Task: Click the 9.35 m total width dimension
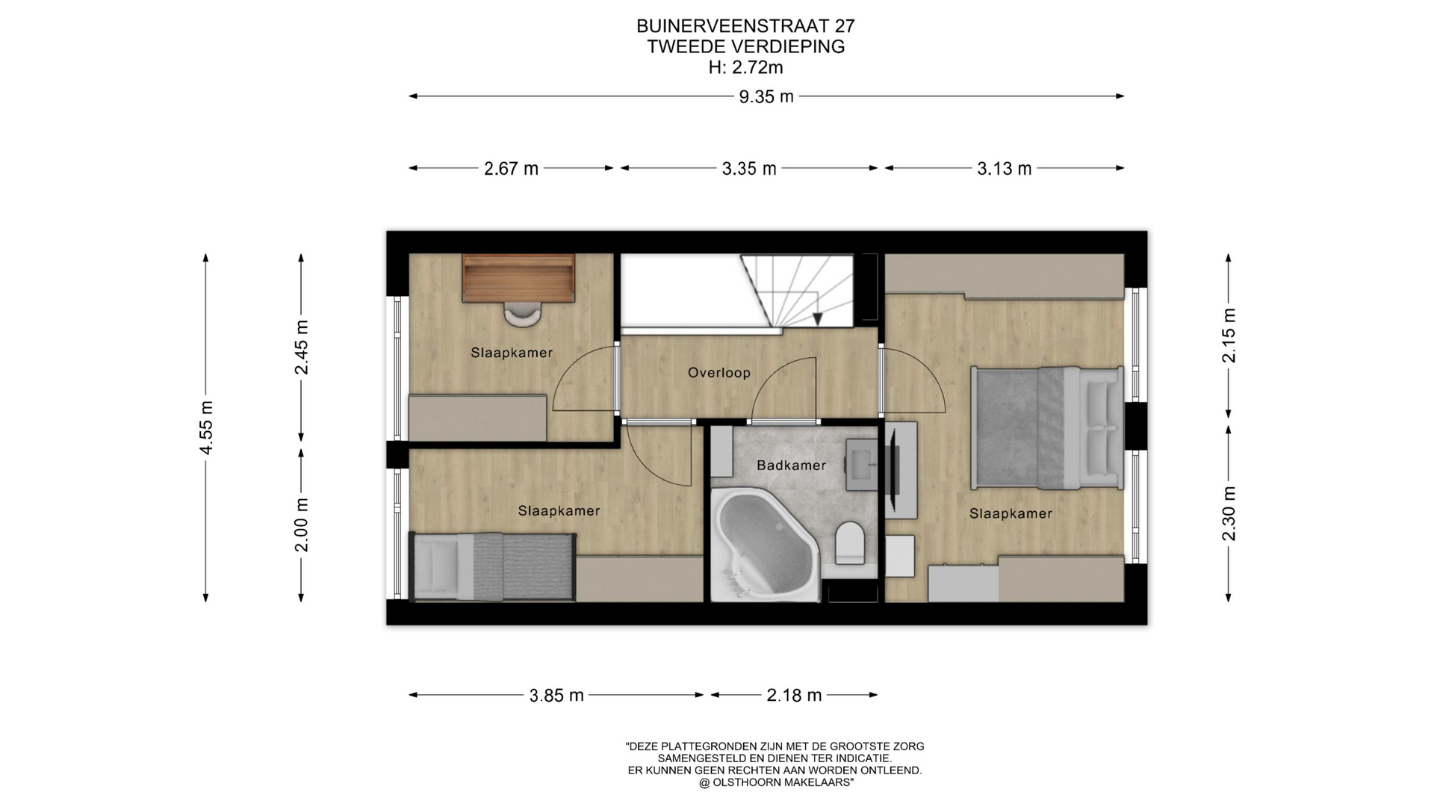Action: click(x=766, y=96)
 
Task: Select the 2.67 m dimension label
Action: click(x=511, y=169)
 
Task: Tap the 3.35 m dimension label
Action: click(x=749, y=169)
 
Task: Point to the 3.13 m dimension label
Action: click(x=1005, y=169)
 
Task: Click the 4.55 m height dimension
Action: click(x=206, y=427)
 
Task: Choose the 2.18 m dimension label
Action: click(x=794, y=696)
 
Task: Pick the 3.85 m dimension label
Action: click(x=556, y=696)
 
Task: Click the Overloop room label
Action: click(x=719, y=373)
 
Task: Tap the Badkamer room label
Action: click(x=792, y=466)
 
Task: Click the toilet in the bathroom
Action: click(x=849, y=542)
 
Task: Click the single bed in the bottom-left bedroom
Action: click(x=493, y=566)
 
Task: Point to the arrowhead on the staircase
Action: click(x=818, y=319)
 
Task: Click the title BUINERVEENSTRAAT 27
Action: click(x=745, y=26)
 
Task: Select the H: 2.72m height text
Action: click(x=745, y=67)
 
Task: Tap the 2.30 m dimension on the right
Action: click(x=1229, y=513)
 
